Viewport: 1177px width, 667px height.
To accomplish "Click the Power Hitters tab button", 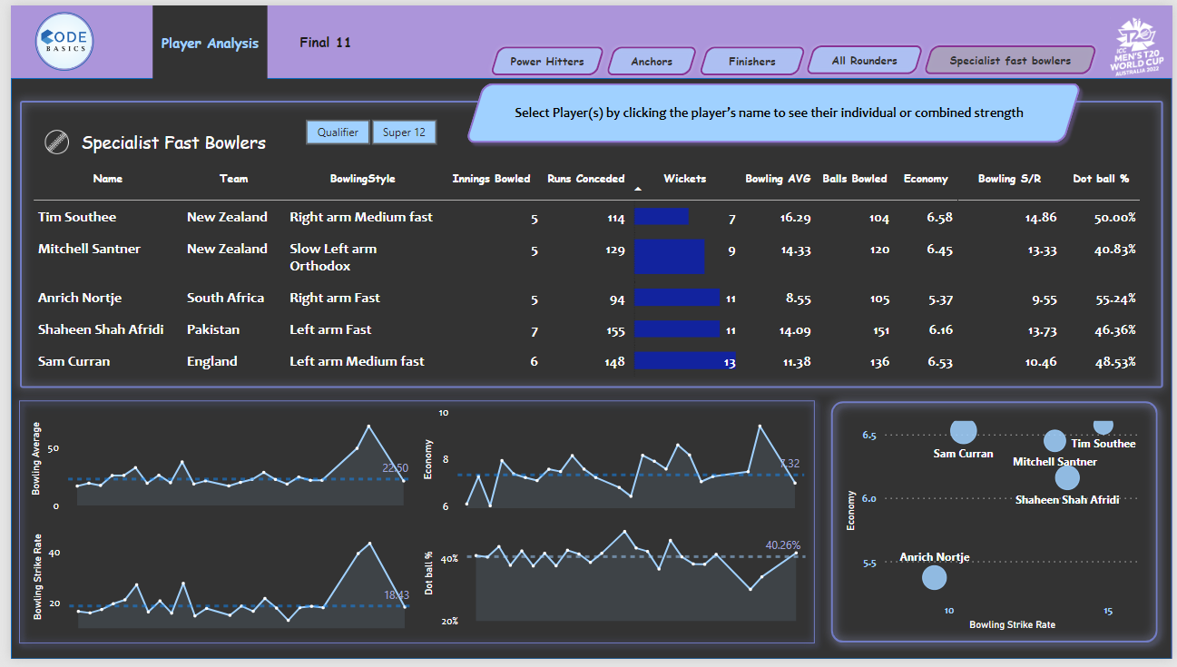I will pyautogui.click(x=546, y=62).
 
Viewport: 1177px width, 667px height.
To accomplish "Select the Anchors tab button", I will pyautogui.click(x=652, y=62).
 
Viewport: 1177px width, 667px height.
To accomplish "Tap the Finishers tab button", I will pyautogui.click(x=751, y=62).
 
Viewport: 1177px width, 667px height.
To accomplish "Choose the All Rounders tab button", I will pyautogui.click(x=864, y=61).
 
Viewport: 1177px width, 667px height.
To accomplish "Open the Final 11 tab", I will pyautogui.click(x=325, y=43).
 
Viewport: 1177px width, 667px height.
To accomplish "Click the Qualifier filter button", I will pyautogui.click(x=338, y=132).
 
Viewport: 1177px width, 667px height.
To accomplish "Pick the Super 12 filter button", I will pyautogui.click(x=404, y=132).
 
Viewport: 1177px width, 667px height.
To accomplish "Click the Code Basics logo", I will pyautogui.click(x=64, y=43).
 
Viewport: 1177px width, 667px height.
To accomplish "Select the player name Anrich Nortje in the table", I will pyautogui.click(x=80, y=298).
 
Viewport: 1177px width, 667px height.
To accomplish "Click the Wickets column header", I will pyautogui.click(x=684, y=179).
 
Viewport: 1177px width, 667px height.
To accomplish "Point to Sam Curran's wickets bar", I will pyautogui.click(x=683, y=361).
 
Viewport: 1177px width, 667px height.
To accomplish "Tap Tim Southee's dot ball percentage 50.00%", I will pyautogui.click(x=1115, y=218).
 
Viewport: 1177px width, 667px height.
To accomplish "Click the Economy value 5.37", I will pyautogui.click(x=940, y=299).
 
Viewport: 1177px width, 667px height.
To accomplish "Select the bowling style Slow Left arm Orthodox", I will pyautogui.click(x=333, y=257).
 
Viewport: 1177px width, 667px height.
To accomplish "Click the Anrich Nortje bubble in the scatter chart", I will pyautogui.click(x=934, y=576).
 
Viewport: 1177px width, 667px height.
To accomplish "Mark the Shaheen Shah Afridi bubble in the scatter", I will pyautogui.click(x=1067, y=476).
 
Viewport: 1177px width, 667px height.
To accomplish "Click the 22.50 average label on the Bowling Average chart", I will pyautogui.click(x=394, y=467).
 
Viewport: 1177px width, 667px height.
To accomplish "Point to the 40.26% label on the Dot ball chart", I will pyautogui.click(x=783, y=545).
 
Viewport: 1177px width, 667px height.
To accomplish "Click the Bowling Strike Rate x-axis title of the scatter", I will pyautogui.click(x=1012, y=624).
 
